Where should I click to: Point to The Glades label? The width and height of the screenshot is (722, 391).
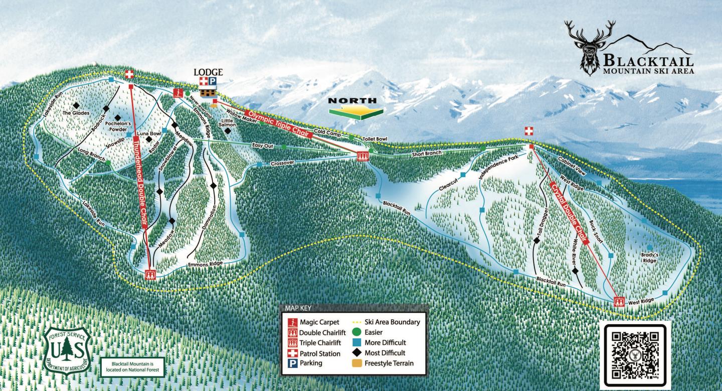point(76,113)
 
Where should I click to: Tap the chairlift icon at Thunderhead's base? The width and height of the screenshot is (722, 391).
point(150,275)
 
